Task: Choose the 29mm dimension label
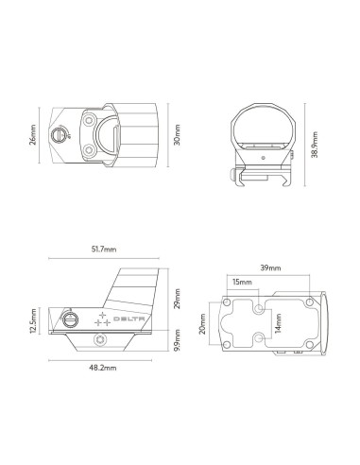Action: tap(177, 301)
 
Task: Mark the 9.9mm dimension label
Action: tap(177, 349)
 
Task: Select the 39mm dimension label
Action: tap(268, 268)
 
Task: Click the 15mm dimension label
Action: tap(242, 282)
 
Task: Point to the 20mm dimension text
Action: tap(203, 324)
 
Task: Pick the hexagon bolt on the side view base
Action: tap(101, 341)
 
